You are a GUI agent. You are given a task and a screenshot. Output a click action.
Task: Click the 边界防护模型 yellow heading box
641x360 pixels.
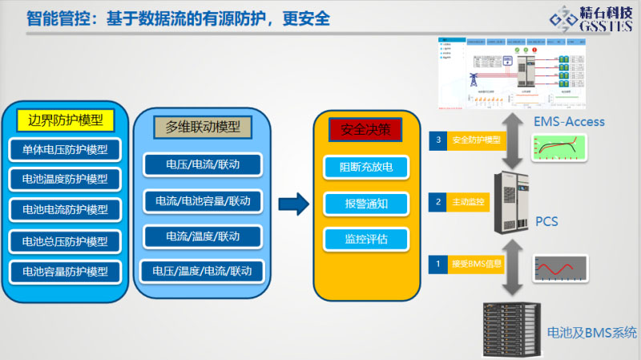point(66,120)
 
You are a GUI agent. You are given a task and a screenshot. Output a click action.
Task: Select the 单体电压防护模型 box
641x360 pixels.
point(66,149)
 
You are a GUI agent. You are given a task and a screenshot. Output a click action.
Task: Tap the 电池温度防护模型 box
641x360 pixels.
point(66,179)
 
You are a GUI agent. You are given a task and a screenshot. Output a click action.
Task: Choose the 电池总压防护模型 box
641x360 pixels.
point(66,241)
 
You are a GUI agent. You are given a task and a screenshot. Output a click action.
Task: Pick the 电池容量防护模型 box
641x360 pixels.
point(66,270)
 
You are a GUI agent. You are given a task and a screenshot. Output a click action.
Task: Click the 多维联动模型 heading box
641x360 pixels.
point(203,127)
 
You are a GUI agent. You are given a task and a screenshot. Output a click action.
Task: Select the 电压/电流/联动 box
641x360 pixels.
point(203,165)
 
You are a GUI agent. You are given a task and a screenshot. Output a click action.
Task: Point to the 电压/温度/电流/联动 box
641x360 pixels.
point(203,270)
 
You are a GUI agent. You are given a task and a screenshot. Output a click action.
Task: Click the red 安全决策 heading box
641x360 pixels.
point(365,129)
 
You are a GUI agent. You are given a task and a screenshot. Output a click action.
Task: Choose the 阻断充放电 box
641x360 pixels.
point(365,168)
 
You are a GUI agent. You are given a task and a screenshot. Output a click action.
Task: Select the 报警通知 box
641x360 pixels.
point(365,204)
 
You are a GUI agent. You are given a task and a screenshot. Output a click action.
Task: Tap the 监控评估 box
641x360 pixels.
point(365,239)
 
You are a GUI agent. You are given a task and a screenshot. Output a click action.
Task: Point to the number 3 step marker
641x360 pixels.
point(437,140)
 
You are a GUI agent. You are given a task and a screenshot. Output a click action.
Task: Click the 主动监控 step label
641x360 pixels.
point(467,201)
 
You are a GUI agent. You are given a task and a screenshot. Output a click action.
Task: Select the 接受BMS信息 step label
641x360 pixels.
point(473,262)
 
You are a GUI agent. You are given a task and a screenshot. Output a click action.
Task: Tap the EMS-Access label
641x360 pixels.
point(569,122)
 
